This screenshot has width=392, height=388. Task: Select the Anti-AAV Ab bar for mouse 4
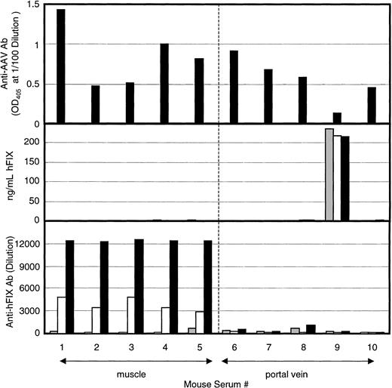click(x=164, y=83)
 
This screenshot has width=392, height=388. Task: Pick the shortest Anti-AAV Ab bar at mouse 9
click(x=337, y=118)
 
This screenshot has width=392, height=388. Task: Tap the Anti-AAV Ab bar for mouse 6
click(x=234, y=86)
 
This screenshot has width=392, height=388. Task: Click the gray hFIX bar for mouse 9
click(x=329, y=174)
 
